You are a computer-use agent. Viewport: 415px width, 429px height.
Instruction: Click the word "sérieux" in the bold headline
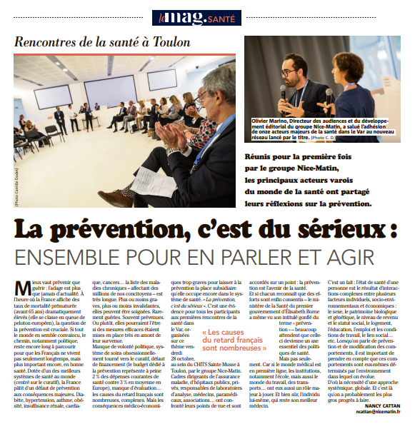(x=324, y=230)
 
